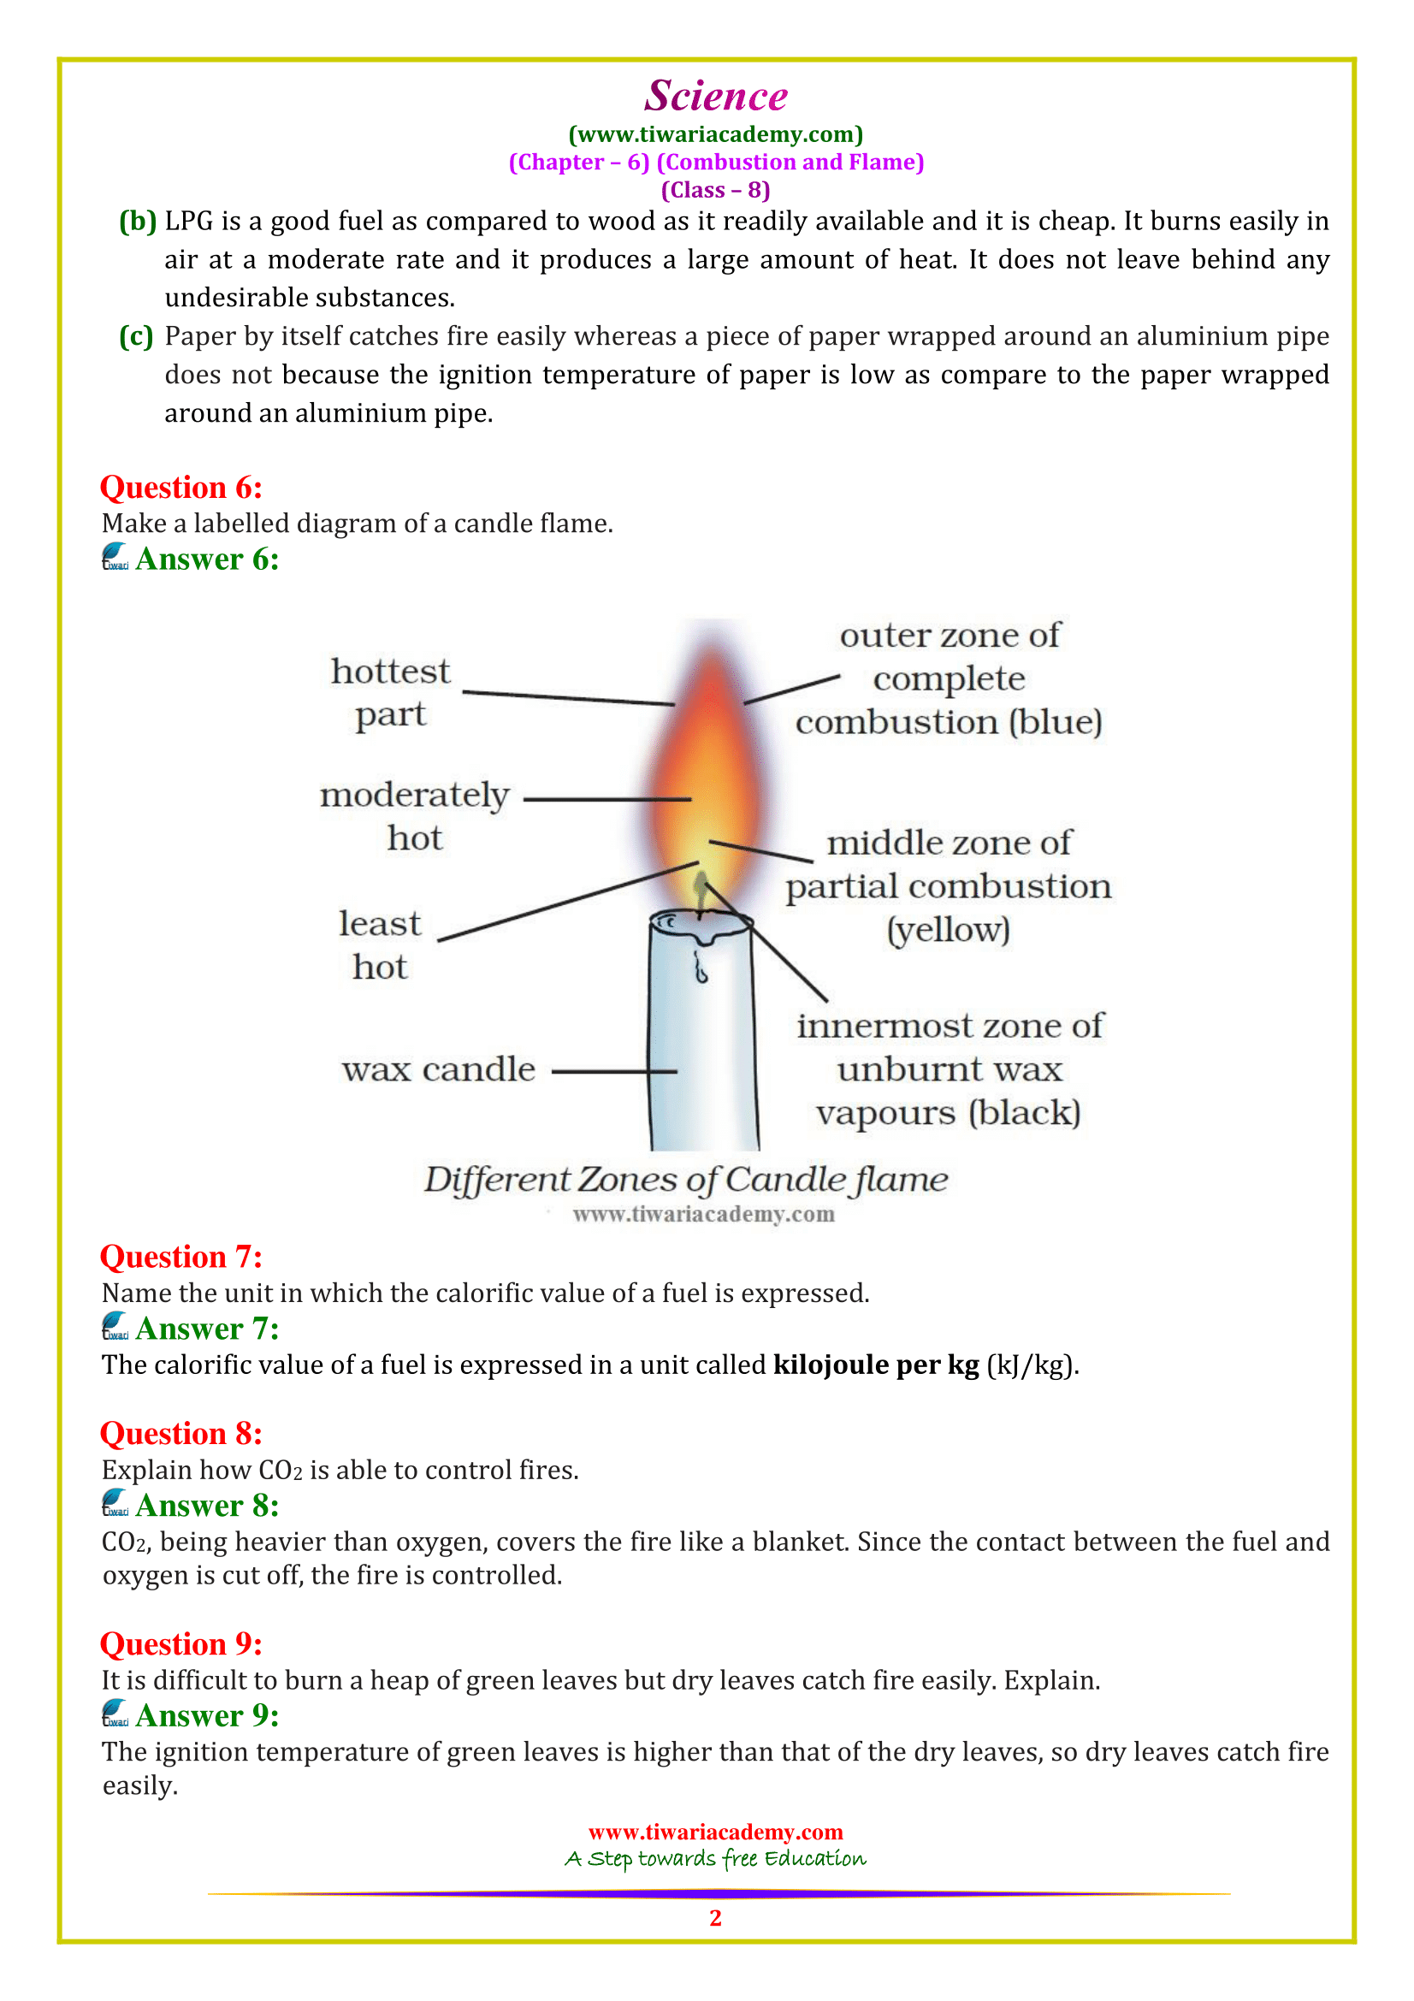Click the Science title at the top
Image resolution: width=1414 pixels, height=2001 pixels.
[x=715, y=95]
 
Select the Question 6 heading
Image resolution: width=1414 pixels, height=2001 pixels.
[x=180, y=487]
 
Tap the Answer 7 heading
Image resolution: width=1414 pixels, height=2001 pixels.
[x=206, y=1329]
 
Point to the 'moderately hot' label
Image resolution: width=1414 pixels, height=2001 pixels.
[x=415, y=816]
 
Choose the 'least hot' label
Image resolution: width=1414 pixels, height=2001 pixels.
[x=380, y=944]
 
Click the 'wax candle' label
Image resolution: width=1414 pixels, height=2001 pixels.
[x=438, y=1069]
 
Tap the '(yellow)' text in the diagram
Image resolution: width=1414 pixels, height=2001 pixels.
[x=948, y=930]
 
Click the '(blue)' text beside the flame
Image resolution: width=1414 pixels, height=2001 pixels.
[x=1055, y=723]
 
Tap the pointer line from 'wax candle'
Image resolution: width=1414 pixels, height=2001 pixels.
[x=614, y=1071]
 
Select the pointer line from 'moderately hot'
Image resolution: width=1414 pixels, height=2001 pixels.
[x=606, y=798]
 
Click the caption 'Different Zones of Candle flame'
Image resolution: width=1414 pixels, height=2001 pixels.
[x=686, y=1179]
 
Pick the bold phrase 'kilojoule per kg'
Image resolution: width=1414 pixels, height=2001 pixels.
[x=876, y=1365]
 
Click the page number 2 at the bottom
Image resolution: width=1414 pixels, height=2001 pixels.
[x=715, y=1917]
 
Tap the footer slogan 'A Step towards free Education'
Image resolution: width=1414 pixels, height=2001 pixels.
[x=715, y=1859]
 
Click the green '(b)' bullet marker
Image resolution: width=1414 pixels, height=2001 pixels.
[x=138, y=222]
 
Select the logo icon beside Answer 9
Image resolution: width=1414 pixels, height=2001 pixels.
[x=115, y=1714]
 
